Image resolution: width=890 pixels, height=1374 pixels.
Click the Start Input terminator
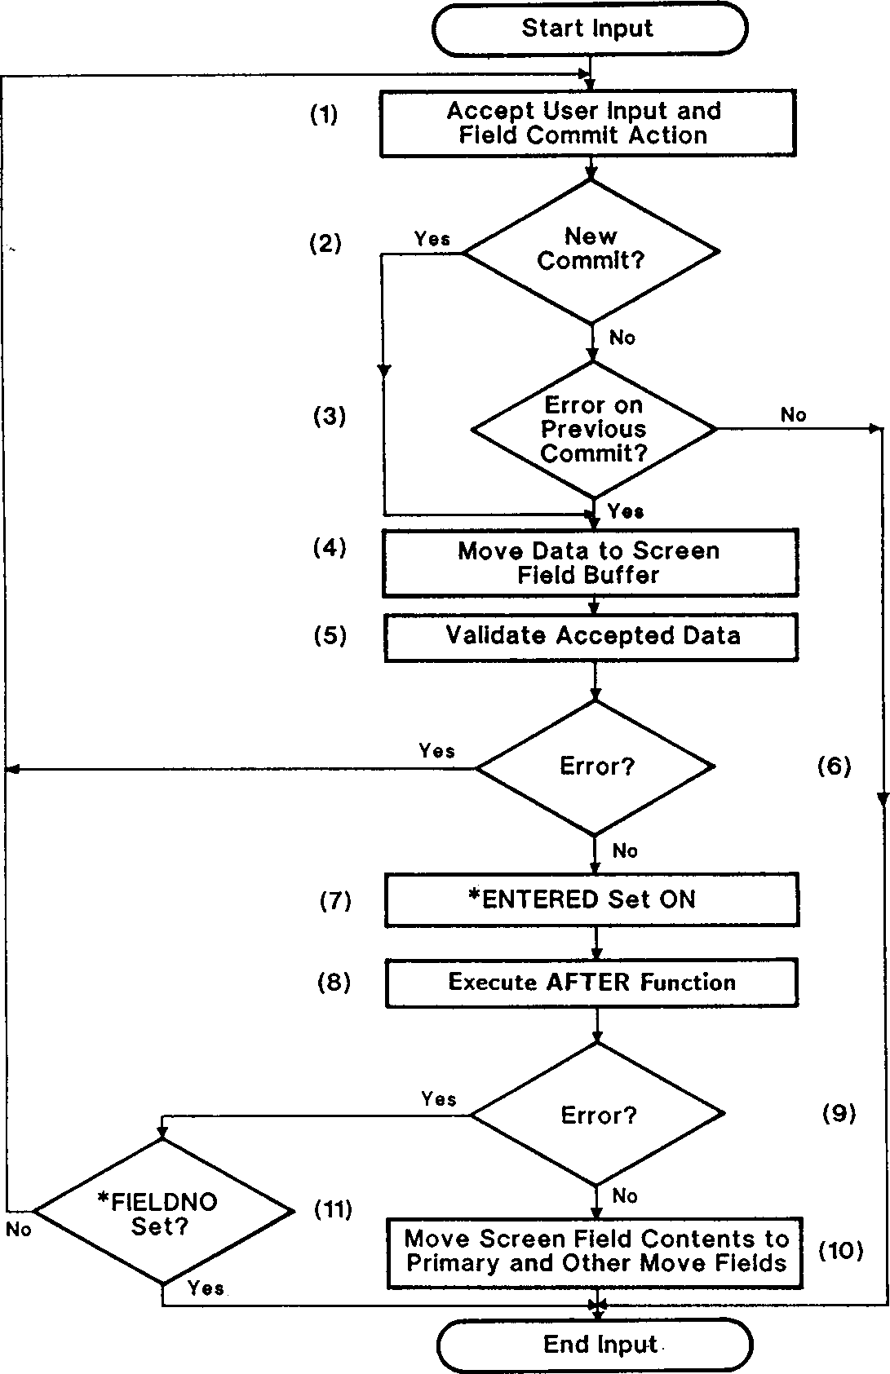tap(589, 29)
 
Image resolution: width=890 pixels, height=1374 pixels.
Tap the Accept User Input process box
tap(587, 123)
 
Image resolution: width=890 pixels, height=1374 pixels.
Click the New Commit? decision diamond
tap(591, 250)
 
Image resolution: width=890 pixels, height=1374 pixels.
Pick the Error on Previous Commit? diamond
tap(594, 429)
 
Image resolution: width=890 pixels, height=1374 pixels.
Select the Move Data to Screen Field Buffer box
tap(590, 563)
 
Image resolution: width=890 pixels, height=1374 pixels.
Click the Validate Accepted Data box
tap(591, 636)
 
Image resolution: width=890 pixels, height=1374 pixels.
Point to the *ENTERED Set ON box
tap(591, 899)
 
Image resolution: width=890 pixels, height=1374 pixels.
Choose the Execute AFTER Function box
tap(591, 983)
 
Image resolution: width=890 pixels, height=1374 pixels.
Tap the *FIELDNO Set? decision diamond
tap(162, 1212)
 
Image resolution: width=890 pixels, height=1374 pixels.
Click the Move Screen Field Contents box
tap(596, 1252)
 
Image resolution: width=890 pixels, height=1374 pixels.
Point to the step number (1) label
tap(324, 114)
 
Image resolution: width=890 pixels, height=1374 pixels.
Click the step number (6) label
tap(834, 766)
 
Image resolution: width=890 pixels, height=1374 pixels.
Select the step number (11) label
tap(334, 1210)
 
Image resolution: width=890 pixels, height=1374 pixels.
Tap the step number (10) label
tap(840, 1250)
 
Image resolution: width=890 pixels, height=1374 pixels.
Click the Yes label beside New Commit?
tap(432, 239)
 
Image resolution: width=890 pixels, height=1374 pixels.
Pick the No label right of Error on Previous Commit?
tap(793, 415)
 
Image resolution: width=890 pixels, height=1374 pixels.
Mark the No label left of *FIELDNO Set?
tap(19, 1229)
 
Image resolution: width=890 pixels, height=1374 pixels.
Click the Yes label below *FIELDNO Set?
tap(206, 1288)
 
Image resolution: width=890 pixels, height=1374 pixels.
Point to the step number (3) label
tap(330, 417)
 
